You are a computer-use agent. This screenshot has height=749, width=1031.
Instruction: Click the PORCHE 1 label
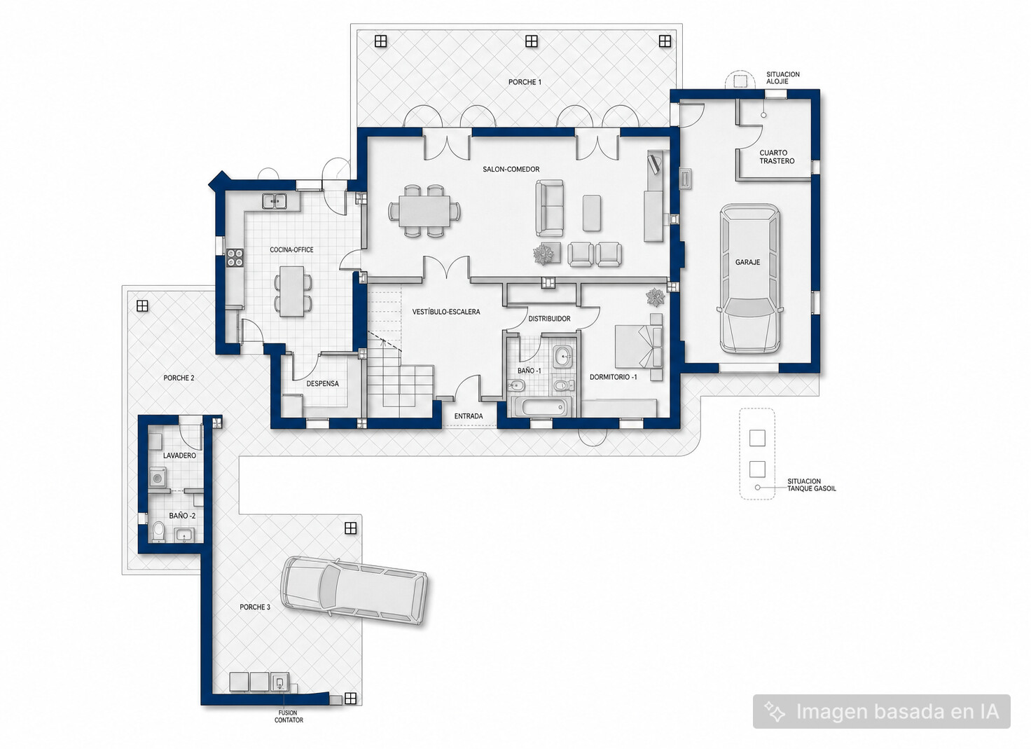tap(525, 82)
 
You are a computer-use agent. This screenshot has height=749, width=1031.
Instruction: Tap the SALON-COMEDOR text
tap(511, 170)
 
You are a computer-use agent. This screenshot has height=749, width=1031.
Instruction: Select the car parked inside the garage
tap(750, 279)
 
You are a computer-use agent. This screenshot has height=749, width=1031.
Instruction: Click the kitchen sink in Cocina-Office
tap(275, 201)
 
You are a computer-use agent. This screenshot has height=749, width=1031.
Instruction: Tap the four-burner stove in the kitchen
tap(235, 258)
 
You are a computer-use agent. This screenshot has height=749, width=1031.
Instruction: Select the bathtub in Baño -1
tap(541, 407)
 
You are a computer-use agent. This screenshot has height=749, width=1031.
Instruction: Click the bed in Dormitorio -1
tap(639, 347)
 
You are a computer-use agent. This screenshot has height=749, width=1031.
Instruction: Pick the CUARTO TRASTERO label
tap(777, 156)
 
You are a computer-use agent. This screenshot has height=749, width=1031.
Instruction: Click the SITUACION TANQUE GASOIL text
tap(812, 485)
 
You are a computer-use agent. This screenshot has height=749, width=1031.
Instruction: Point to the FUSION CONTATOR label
tap(289, 716)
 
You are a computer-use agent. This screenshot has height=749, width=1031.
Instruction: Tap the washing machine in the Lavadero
tap(158, 478)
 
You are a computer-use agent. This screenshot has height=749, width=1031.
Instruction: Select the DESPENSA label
tap(323, 383)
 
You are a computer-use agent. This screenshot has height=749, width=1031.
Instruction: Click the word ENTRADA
tap(469, 416)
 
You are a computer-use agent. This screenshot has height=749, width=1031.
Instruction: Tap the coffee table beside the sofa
tap(591, 213)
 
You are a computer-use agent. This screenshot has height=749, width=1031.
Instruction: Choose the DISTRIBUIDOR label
tap(549, 319)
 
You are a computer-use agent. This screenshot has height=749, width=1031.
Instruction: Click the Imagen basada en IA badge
tap(881, 711)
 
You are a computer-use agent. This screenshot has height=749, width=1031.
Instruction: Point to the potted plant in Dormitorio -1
tap(655, 297)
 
